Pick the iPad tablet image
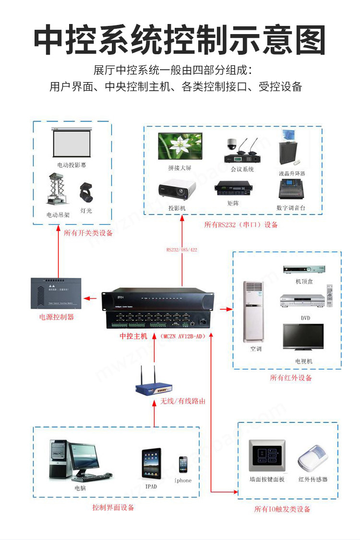tap(151, 463)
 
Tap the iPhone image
tap(183, 466)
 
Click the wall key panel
tap(267, 456)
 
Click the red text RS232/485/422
tap(182, 250)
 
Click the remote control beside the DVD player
tap(329, 295)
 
